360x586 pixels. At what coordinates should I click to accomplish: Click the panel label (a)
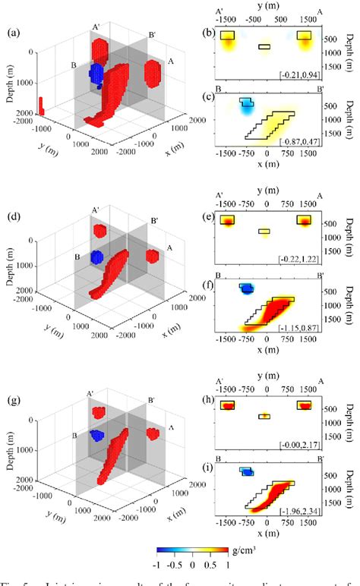click(x=14, y=33)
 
